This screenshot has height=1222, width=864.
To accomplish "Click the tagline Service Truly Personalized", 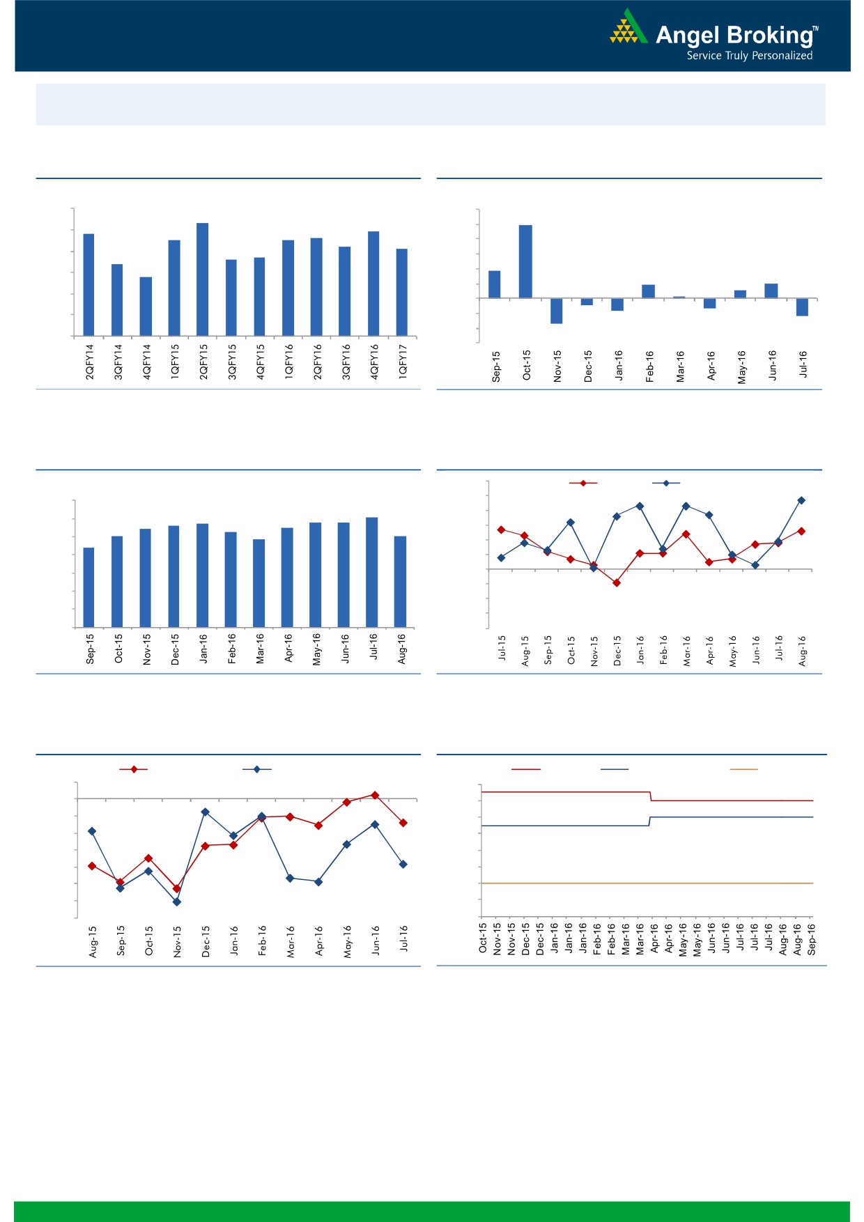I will [749, 56].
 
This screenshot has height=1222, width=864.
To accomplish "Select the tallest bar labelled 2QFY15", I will [203, 279].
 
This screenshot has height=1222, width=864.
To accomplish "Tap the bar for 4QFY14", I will [146, 307].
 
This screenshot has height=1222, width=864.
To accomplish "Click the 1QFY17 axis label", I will [403, 361].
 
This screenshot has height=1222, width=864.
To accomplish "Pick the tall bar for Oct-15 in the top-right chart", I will [525, 261].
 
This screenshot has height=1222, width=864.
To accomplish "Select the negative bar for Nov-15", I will [556, 311].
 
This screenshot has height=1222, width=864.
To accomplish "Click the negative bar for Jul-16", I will [802, 307].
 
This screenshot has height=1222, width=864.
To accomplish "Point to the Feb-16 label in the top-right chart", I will [649, 366].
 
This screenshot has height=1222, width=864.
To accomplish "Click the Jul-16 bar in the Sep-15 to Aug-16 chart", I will [372, 572].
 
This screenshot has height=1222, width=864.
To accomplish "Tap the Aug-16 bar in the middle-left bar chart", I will [400, 582].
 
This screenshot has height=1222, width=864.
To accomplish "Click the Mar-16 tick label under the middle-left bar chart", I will [260, 649].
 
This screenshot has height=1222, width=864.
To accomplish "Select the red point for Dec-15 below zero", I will [617, 582].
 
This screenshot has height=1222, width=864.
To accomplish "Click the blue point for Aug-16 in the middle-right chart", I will [801, 500].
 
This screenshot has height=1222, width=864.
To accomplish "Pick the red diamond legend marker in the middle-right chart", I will [583, 483].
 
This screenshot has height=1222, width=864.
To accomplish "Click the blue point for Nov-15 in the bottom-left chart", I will [176, 902].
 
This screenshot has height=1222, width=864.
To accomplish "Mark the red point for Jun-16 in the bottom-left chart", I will [375, 795].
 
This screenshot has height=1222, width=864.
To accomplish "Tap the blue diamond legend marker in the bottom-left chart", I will [257, 769].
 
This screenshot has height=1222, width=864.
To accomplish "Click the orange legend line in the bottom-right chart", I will [743, 769].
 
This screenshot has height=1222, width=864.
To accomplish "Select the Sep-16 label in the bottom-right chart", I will [812, 938].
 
